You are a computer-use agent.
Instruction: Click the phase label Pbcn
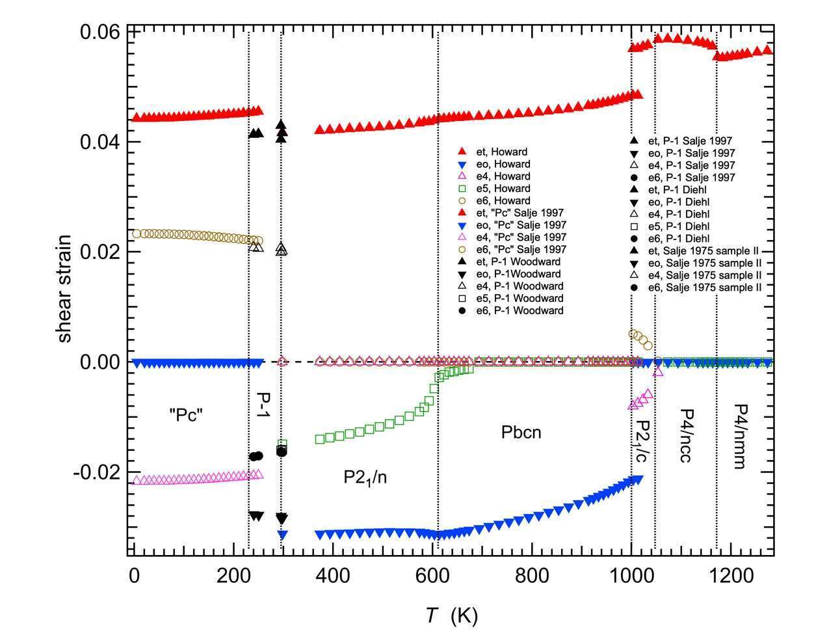click(x=521, y=432)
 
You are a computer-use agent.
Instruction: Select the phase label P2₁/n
click(x=369, y=478)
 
